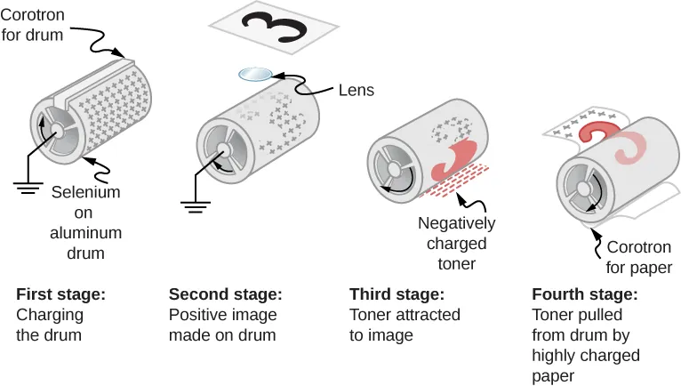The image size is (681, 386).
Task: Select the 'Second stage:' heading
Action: click(x=225, y=294)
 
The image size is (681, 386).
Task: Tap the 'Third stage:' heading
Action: click(x=394, y=294)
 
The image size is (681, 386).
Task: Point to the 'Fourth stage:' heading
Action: click(x=584, y=294)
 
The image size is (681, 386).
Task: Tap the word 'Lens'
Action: click(x=356, y=90)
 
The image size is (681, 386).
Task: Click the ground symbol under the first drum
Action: click(x=28, y=186)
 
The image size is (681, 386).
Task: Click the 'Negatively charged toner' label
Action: click(x=456, y=243)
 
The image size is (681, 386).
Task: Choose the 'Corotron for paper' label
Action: click(x=638, y=257)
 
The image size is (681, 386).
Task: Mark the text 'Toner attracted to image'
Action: click(x=405, y=325)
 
